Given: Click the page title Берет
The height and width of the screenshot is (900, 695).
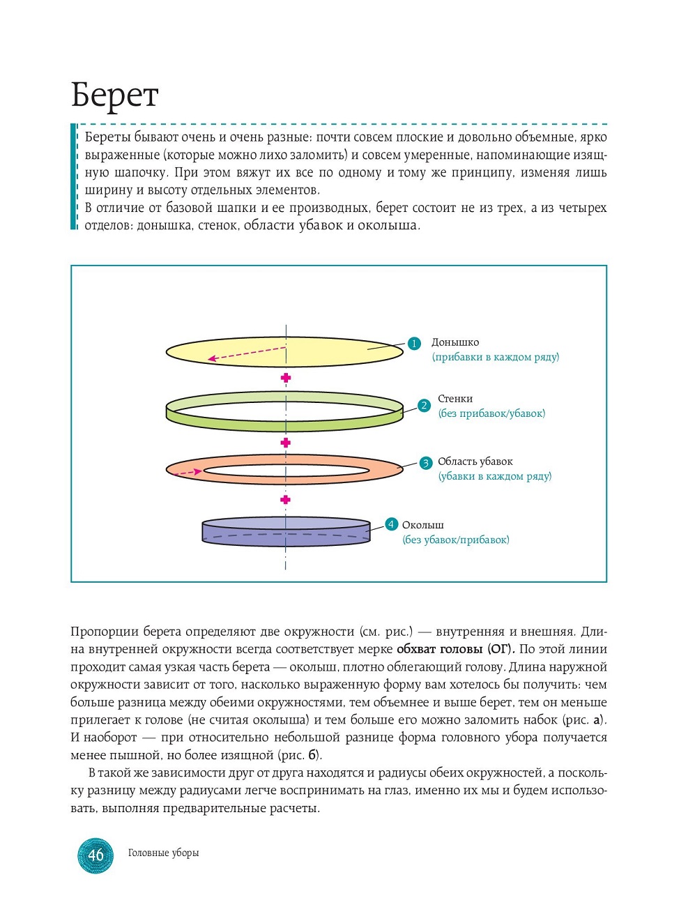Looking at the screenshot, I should coord(115,96).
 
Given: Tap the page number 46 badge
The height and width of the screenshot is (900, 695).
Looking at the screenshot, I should coord(96,855).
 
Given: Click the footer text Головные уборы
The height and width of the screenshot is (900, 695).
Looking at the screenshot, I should coord(163,853).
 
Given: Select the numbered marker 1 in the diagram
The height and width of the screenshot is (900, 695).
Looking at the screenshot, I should coord(414,343).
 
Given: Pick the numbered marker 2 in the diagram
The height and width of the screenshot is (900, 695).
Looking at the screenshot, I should coord(424,406).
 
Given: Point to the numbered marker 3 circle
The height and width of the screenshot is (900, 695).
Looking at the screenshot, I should coord(426,463).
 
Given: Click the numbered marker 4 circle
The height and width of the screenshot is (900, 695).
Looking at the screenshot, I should coord(391,524).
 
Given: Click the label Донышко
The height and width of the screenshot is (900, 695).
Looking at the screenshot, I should coord(455,342).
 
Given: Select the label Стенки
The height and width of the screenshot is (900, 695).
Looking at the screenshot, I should coord(455,399).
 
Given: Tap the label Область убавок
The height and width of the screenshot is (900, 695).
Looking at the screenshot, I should coord(475,462).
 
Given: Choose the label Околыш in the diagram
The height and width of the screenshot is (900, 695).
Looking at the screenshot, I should coord(422,525).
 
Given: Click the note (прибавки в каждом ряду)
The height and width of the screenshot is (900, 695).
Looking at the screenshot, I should coord(496,357).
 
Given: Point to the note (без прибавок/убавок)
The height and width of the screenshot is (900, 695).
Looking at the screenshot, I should coord(491,413).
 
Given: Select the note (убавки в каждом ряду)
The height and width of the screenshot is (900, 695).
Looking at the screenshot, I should coord(495,476).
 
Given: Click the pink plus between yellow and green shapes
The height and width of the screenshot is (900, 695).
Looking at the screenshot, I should coord(285,378).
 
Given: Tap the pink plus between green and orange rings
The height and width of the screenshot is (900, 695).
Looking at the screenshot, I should coord(285,443).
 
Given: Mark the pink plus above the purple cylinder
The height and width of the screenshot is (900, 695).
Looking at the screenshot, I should coord(285,500).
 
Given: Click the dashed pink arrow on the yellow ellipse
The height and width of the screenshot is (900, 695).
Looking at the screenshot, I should coord(247,353).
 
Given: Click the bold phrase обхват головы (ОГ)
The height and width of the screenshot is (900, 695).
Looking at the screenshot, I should coord(452,649).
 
